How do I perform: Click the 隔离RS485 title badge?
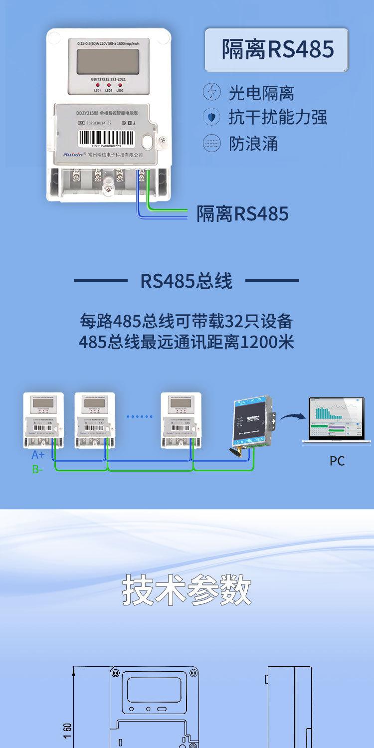[277, 50]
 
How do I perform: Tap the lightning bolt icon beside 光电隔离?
[211, 93]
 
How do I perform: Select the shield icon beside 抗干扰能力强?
[211, 118]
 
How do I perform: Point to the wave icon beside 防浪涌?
[211, 144]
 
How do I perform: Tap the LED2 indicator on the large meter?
[108, 86]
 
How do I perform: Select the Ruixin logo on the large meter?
[74, 155]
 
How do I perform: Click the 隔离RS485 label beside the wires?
[242, 214]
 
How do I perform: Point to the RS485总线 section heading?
[186, 281]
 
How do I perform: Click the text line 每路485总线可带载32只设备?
[186, 320]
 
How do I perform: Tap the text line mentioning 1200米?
[186, 343]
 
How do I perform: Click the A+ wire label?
[38, 455]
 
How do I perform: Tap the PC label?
[337, 461]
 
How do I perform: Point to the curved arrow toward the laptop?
[292, 416]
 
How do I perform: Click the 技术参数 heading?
[187, 590]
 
